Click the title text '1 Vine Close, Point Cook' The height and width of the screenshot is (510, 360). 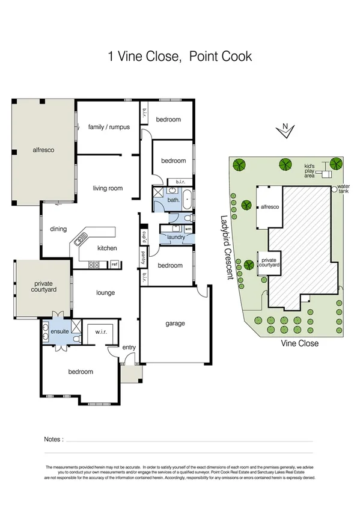tap(180, 57)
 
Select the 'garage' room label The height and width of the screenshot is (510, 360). tap(175, 324)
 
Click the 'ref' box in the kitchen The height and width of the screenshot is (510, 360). tap(114, 264)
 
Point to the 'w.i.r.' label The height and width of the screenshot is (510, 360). tap(99, 331)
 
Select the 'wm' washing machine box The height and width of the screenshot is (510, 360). tap(188, 229)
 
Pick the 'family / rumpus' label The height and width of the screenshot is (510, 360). tap(109, 127)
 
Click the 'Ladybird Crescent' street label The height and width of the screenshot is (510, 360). tap(226, 247)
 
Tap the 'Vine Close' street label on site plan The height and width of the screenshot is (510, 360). tap(300, 343)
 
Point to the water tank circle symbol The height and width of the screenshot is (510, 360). tap(334, 189)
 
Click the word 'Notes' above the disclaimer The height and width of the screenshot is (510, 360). tap(53, 440)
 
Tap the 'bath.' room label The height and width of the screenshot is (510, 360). tap(174, 200)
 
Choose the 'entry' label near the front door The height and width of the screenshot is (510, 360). tap(129, 348)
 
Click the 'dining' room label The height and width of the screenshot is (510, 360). tap(58, 229)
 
